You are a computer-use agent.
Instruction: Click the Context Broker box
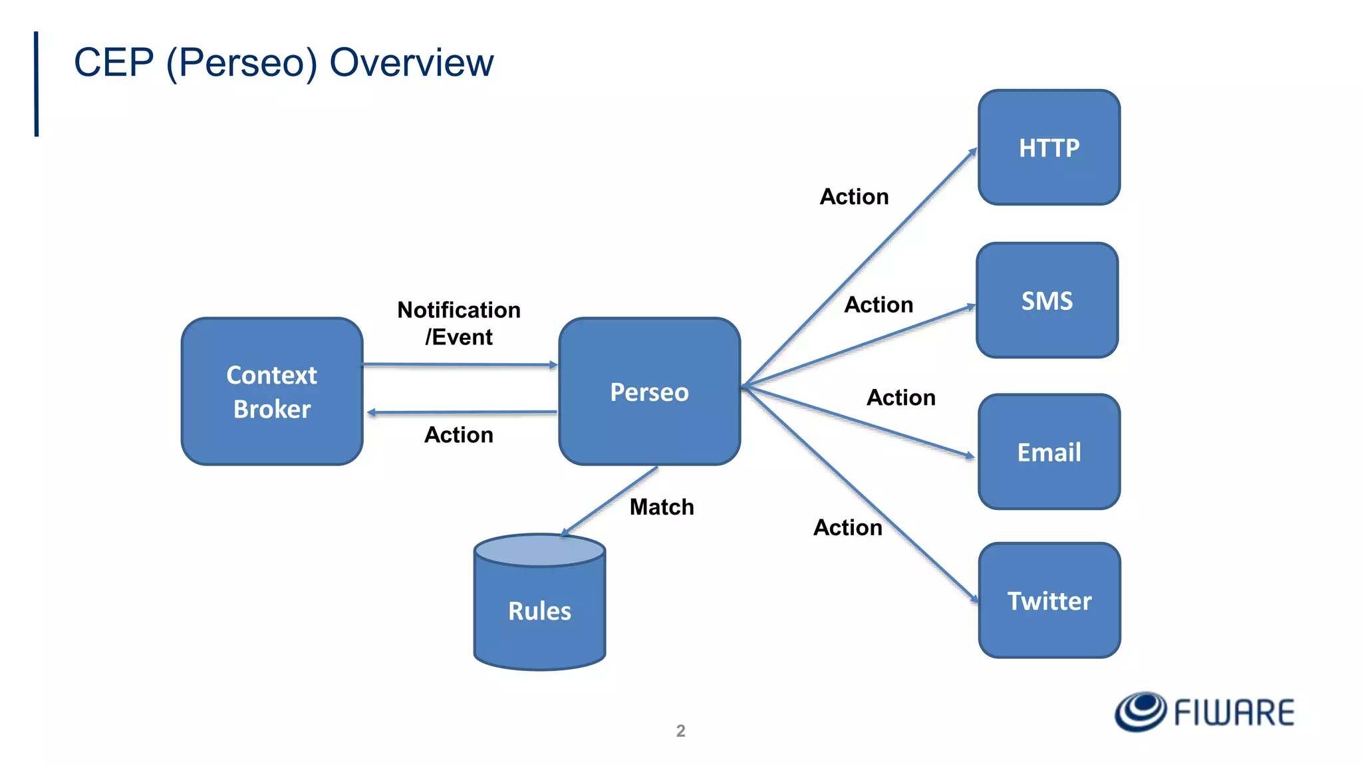point(272,392)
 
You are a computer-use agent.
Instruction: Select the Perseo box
point(649,392)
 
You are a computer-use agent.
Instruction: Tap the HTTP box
point(1049,148)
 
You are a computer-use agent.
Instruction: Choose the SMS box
point(1047,301)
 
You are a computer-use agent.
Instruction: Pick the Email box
point(1049,452)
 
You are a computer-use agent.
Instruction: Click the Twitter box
point(1049,601)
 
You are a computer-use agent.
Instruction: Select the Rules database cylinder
point(539,610)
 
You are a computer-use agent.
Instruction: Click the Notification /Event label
point(459,323)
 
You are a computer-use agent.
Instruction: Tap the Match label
point(662,507)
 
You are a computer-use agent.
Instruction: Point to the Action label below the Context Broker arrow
point(459,435)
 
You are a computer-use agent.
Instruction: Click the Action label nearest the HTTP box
point(854,197)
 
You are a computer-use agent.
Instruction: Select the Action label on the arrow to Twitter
point(848,528)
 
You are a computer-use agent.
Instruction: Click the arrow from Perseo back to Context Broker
point(462,412)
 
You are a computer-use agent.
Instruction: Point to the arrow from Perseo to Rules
point(610,501)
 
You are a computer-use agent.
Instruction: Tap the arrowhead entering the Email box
point(970,455)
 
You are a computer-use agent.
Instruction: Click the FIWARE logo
point(1204,712)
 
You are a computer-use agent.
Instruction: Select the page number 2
point(680,731)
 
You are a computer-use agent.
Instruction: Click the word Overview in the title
point(411,63)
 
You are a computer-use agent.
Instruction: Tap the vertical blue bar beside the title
point(37,84)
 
